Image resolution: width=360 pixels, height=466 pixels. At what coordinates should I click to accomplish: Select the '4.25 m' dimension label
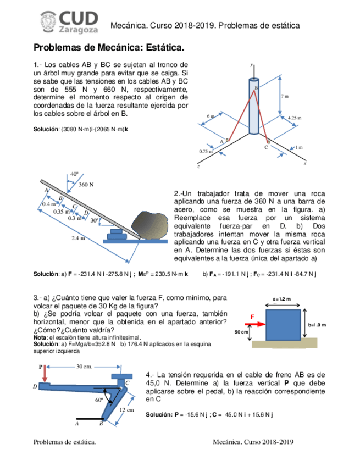pos(295,118)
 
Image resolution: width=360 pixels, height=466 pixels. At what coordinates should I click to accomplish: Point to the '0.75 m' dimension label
pos(206,151)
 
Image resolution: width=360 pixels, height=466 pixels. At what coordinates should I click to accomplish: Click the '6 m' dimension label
pos(211,116)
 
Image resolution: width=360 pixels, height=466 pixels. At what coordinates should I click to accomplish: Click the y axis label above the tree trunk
pos(252,65)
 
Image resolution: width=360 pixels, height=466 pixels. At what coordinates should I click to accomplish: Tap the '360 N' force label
pos(86,185)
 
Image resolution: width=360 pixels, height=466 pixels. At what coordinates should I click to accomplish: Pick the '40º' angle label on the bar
pos(75,174)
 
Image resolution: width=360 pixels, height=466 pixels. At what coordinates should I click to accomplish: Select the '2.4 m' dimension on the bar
pos(79,238)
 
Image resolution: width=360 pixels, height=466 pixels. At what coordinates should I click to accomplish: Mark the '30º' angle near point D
pos(95,220)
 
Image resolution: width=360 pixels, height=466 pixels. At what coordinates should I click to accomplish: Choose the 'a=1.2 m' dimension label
pos(282,299)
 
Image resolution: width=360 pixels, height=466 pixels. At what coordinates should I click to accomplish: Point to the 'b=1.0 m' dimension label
pos(317,324)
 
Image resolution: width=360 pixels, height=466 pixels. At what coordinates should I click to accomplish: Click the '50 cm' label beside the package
pos(242,332)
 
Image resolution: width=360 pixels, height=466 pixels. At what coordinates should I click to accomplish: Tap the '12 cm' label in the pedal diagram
pos(127,410)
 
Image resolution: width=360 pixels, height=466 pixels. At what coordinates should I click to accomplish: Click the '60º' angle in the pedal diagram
pos(99,400)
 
